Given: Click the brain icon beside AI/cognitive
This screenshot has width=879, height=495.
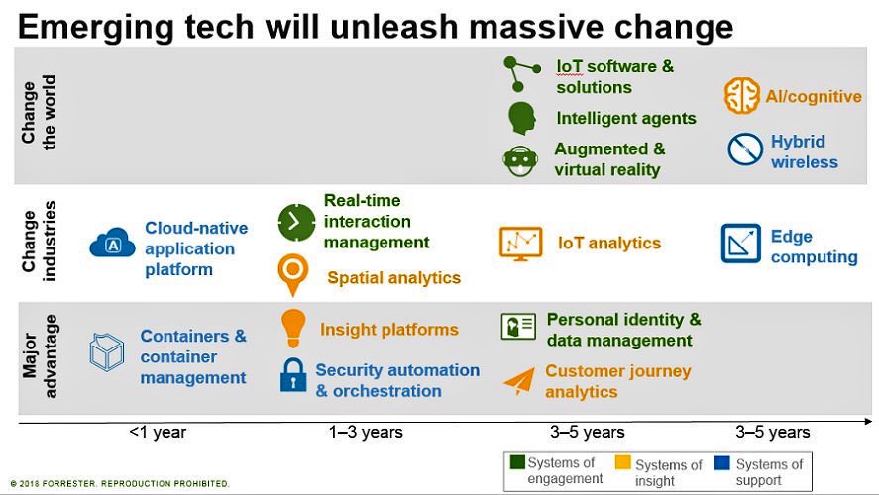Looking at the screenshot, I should pyautogui.click(x=741, y=96).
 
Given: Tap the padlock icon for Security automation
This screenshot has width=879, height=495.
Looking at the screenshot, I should pyautogui.click(x=293, y=375).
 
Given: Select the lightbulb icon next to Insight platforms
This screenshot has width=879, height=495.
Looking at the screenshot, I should pyautogui.click(x=293, y=327).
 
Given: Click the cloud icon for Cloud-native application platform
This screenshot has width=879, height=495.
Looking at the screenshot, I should pyautogui.click(x=112, y=243).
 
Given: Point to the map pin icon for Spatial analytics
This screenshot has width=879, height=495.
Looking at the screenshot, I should pyautogui.click(x=293, y=274).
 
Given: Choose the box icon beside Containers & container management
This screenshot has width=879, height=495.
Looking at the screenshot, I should pyautogui.click(x=107, y=351).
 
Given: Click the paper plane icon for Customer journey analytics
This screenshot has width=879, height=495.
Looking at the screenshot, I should pyautogui.click(x=518, y=381).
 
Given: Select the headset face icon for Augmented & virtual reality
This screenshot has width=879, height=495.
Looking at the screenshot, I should pyautogui.click(x=520, y=158).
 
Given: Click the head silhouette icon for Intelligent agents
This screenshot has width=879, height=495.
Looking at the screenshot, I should pyautogui.click(x=521, y=118).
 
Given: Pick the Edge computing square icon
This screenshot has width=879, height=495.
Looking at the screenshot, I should pyautogui.click(x=740, y=244).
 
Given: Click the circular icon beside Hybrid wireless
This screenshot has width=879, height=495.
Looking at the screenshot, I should pyautogui.click(x=744, y=149).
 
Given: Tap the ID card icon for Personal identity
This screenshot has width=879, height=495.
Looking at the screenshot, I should pyautogui.click(x=518, y=327).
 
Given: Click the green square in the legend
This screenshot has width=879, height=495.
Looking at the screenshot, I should pyautogui.click(x=516, y=462).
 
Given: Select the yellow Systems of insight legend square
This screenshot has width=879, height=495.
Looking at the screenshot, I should pyautogui.click(x=622, y=462).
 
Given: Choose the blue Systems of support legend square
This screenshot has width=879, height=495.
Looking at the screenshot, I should pyautogui.click(x=723, y=462).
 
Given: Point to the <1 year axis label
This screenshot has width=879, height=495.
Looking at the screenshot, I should pyautogui.click(x=158, y=432).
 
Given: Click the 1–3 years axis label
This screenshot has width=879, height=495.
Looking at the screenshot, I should pyautogui.click(x=366, y=432).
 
